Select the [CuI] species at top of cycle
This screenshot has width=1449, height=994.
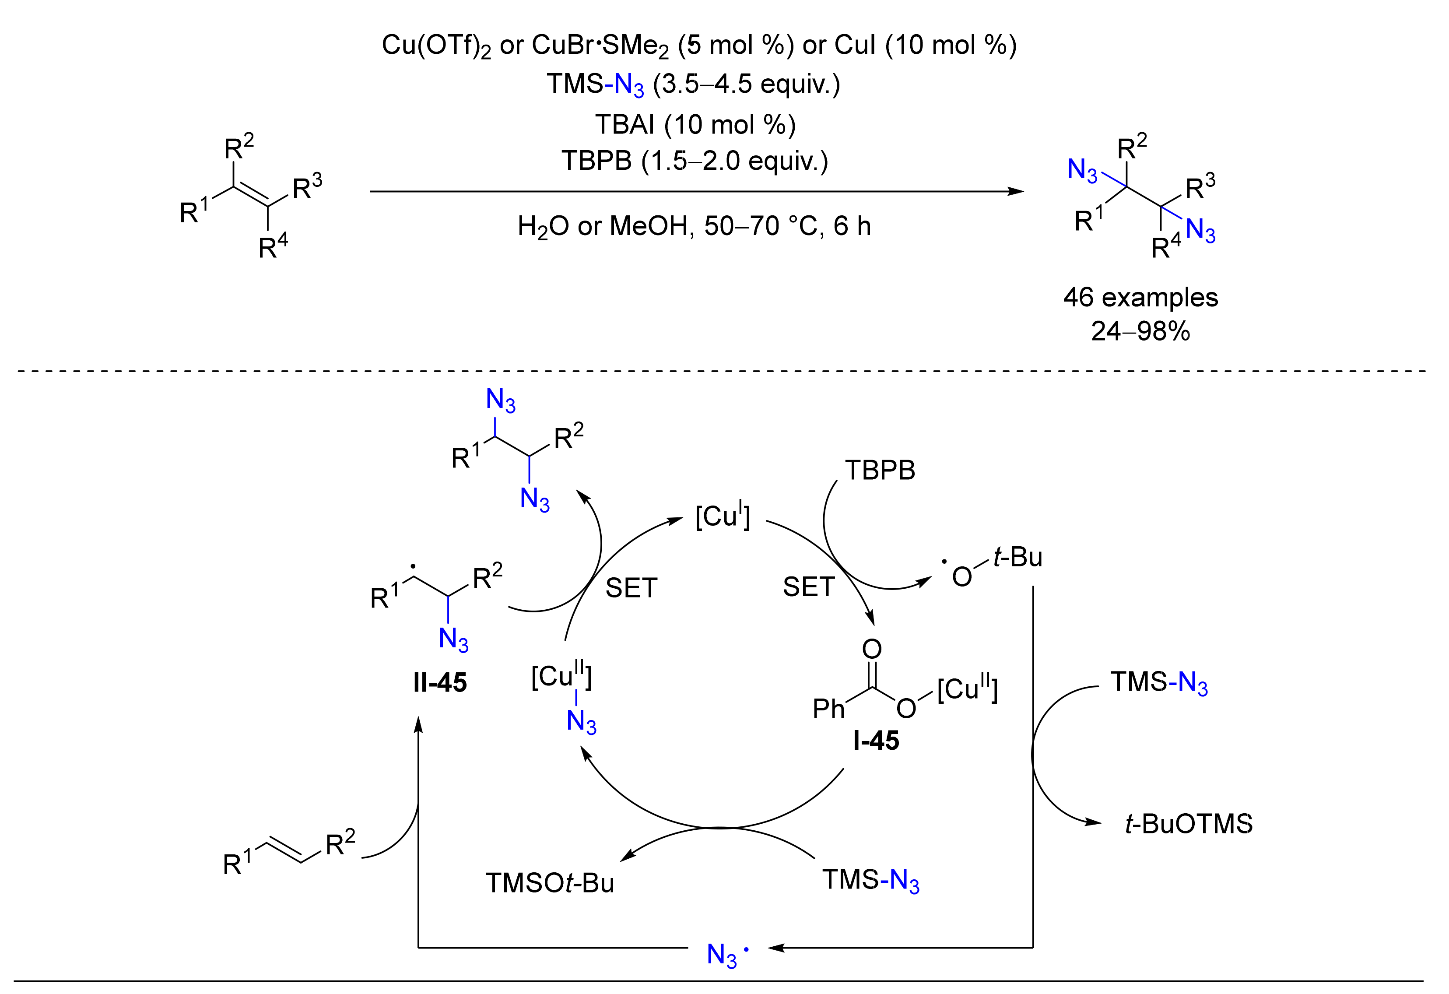coord(723,516)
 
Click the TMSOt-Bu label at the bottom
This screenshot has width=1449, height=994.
coord(550,883)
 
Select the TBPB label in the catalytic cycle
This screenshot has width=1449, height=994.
coord(880,470)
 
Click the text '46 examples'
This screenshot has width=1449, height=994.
coord(1140,298)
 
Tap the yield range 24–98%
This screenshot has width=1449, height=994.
coord(1140,331)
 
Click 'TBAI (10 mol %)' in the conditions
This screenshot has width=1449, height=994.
coord(695,125)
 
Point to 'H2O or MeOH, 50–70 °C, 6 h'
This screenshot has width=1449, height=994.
coord(694,226)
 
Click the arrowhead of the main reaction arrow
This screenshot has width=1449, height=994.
coord(1016,191)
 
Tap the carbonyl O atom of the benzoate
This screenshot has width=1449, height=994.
coord(872,649)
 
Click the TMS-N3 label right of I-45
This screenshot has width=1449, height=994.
coord(1158,683)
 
